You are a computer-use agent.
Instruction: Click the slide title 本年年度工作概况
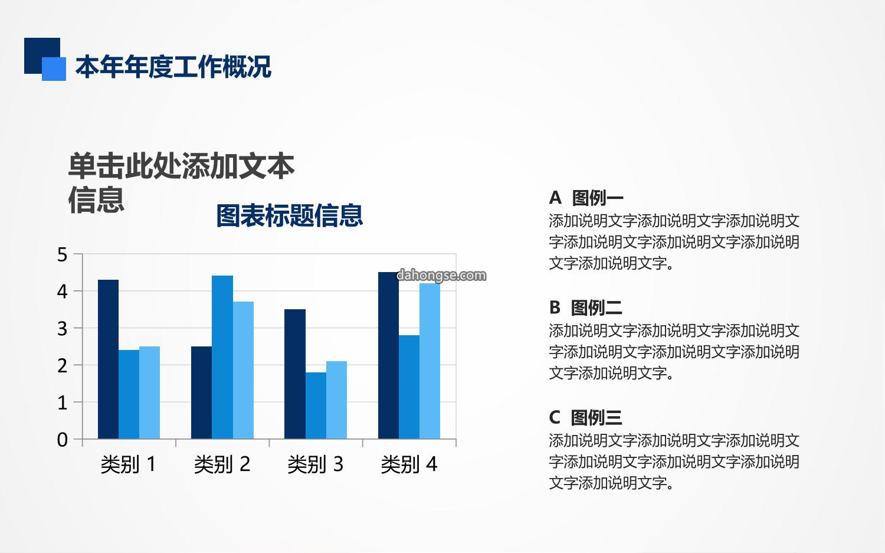click(173, 67)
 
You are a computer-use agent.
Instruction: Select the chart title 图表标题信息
click(290, 216)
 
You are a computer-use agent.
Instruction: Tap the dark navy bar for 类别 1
click(108, 359)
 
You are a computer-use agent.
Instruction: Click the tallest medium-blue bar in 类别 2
click(222, 357)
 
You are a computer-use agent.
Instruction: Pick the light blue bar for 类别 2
click(243, 371)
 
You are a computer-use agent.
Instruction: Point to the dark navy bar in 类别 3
click(295, 374)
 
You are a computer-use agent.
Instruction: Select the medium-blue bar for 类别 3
click(316, 405)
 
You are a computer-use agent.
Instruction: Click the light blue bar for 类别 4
click(430, 361)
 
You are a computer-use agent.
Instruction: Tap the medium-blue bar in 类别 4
click(409, 387)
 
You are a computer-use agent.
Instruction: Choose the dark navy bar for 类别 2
click(202, 392)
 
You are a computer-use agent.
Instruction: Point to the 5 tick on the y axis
click(63, 254)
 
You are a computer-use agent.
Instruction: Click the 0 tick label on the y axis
click(63, 440)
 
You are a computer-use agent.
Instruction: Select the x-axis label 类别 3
click(315, 464)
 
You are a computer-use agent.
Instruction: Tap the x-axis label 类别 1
click(129, 464)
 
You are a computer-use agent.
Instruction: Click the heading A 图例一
click(586, 198)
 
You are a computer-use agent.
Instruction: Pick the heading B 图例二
click(585, 307)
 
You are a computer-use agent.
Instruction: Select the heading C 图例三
click(585, 417)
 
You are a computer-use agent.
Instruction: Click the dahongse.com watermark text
click(441, 275)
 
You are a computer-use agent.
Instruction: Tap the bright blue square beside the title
click(54, 69)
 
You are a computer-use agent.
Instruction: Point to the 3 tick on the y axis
click(63, 329)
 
